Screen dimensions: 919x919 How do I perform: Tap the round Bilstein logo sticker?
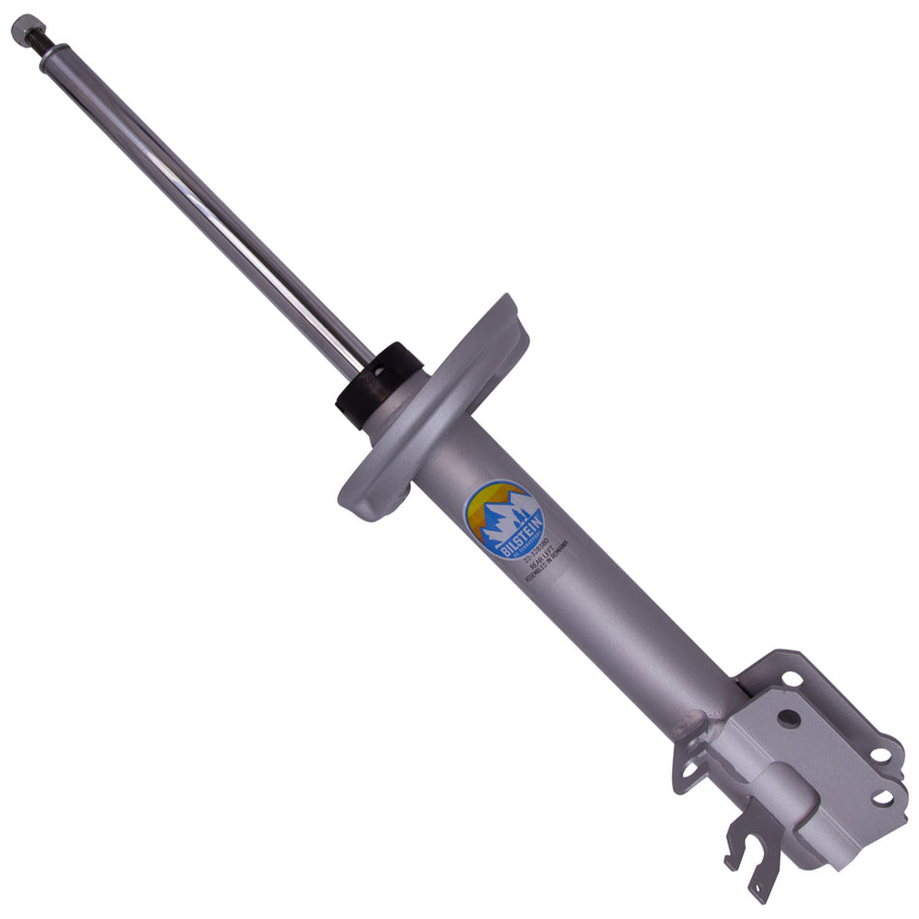tap(504, 520)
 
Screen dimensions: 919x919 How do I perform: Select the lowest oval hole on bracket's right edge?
tap(882, 797)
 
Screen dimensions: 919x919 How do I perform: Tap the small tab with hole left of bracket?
tap(688, 770)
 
